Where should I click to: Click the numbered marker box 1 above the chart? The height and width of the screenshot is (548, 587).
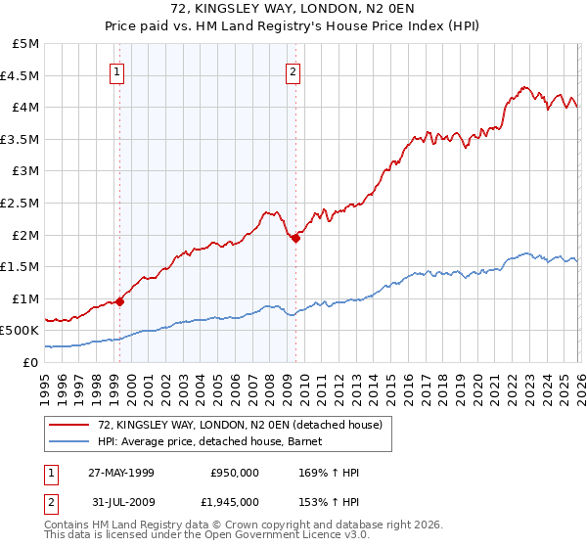117,70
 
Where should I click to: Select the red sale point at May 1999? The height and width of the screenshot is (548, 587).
120,301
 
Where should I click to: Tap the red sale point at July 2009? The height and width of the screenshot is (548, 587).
295,238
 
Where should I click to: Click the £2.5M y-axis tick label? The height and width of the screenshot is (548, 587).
22,203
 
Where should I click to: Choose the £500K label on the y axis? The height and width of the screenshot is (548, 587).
21,331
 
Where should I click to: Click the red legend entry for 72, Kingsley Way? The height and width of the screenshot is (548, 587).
244,424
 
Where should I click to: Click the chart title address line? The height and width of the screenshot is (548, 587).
293,9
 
